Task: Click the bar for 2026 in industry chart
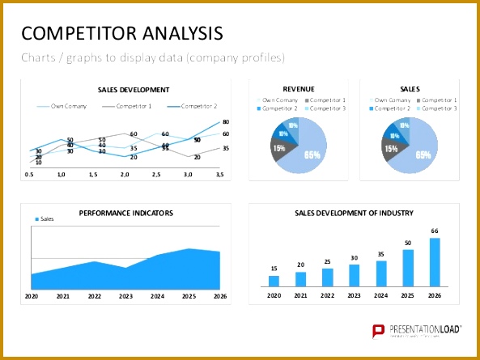click(x=435, y=262)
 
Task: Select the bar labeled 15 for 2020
click(x=274, y=281)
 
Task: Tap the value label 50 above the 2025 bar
click(x=408, y=243)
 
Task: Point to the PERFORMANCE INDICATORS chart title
click(x=125, y=214)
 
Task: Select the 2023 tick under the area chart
click(x=125, y=297)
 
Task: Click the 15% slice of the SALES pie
click(x=391, y=148)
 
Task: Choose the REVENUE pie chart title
click(x=299, y=89)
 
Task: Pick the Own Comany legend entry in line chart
click(x=66, y=106)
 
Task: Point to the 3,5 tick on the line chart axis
click(x=219, y=174)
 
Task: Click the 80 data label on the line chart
click(x=226, y=121)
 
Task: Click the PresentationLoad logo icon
click(x=377, y=330)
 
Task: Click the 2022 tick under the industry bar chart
click(x=327, y=297)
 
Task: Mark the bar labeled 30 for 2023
click(x=355, y=275)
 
